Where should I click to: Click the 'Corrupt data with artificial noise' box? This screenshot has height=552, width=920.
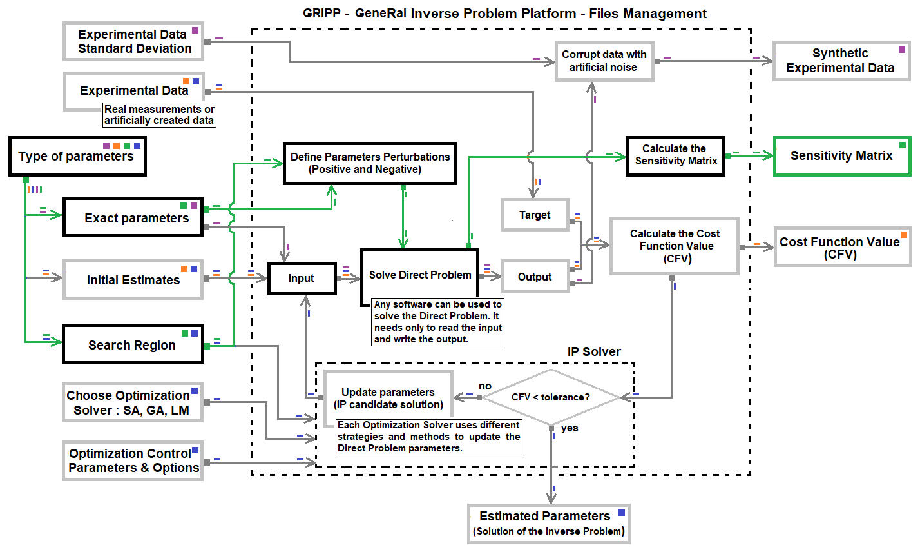(x=604, y=61)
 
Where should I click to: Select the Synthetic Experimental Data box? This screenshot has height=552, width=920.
(x=840, y=61)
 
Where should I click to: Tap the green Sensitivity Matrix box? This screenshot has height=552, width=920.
(x=841, y=155)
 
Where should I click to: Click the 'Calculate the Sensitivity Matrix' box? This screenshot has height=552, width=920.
(x=675, y=155)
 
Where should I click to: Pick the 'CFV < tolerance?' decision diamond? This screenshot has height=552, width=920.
(x=551, y=397)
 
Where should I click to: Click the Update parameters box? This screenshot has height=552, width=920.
(x=388, y=399)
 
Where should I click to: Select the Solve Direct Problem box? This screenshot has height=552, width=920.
(x=419, y=275)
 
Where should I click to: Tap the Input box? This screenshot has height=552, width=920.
(x=302, y=278)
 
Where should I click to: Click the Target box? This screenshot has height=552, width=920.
(x=535, y=215)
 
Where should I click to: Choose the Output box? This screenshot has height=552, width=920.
(x=535, y=277)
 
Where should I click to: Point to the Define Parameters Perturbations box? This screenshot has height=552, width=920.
(x=369, y=163)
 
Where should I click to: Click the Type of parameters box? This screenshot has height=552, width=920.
(x=77, y=157)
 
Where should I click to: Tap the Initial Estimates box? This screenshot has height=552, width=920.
(x=133, y=280)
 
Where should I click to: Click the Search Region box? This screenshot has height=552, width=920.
(x=133, y=345)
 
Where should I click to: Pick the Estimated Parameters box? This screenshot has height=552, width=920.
(x=548, y=523)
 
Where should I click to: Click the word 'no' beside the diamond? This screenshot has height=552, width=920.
(x=485, y=386)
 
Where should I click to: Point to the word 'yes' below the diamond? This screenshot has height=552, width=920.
(x=570, y=428)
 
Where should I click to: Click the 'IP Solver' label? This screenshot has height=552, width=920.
(x=593, y=351)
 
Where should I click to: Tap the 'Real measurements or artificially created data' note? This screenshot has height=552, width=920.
(x=159, y=115)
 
